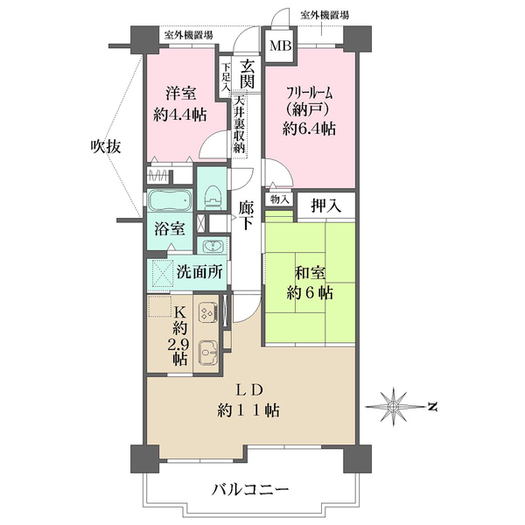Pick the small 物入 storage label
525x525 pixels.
pos(280,200)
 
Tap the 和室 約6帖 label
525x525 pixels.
pos(310,283)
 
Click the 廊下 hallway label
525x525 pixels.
pos(247,215)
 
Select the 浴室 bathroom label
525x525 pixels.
pos(170,229)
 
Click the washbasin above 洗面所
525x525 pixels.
pos(210,246)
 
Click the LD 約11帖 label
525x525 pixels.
pos(250,399)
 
